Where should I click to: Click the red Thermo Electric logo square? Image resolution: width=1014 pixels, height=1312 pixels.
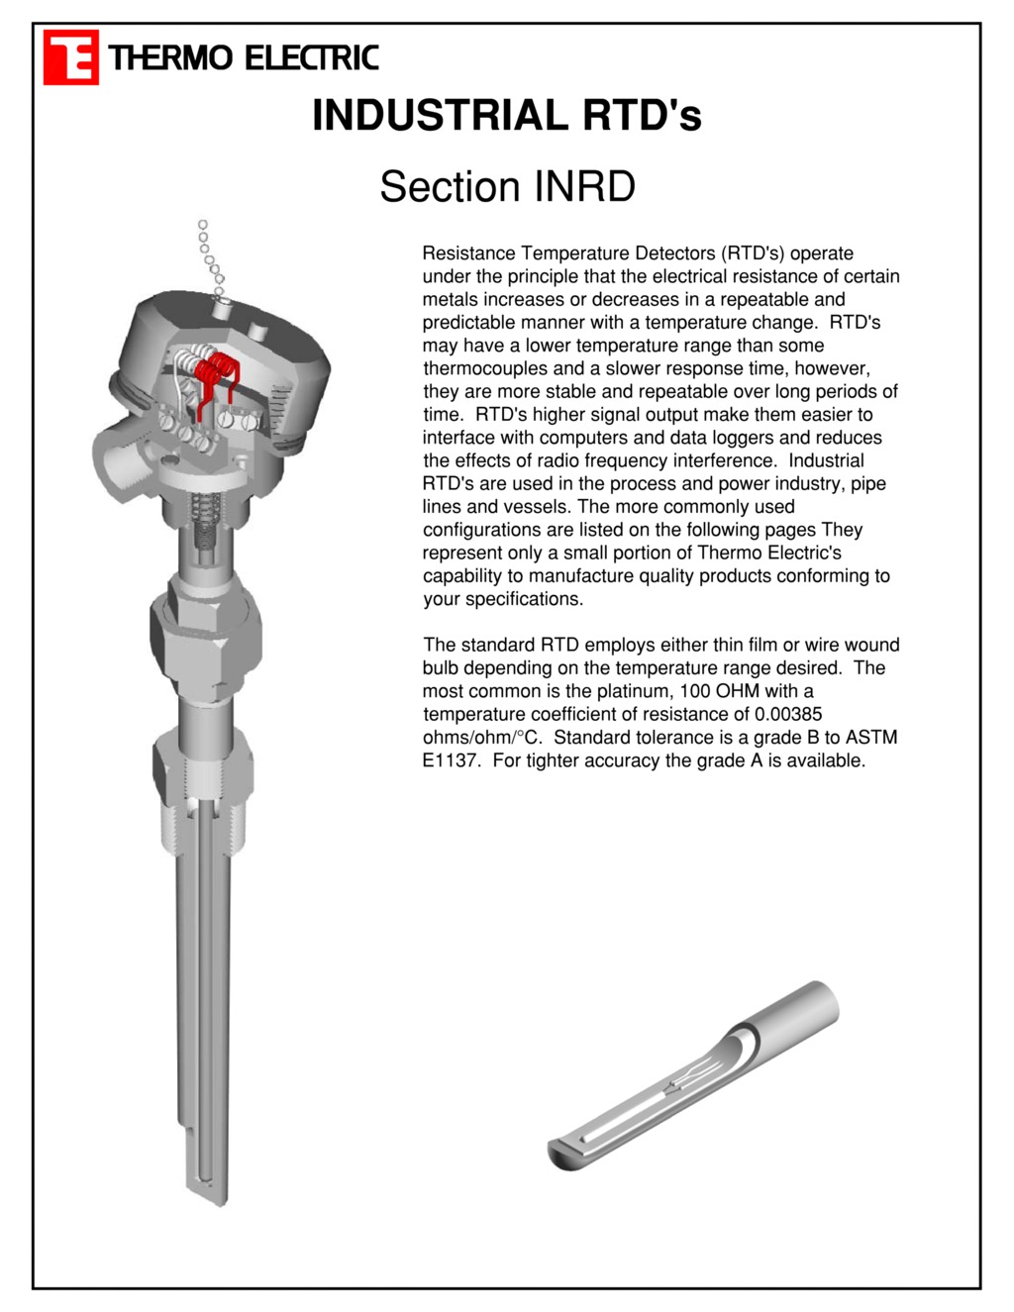tap(70, 57)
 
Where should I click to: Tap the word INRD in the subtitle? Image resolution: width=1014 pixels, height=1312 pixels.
tap(584, 187)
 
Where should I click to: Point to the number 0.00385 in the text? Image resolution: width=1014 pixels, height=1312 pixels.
tap(788, 714)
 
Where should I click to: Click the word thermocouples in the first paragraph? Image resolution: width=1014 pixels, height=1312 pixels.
tap(485, 368)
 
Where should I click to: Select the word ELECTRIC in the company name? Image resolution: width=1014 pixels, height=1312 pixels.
tap(311, 58)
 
